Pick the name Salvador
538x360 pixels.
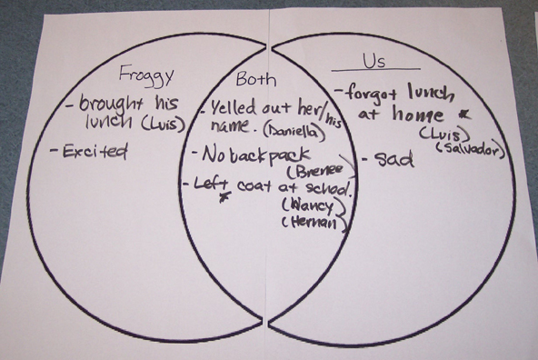pos(469,146)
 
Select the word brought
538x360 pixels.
pos(110,103)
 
